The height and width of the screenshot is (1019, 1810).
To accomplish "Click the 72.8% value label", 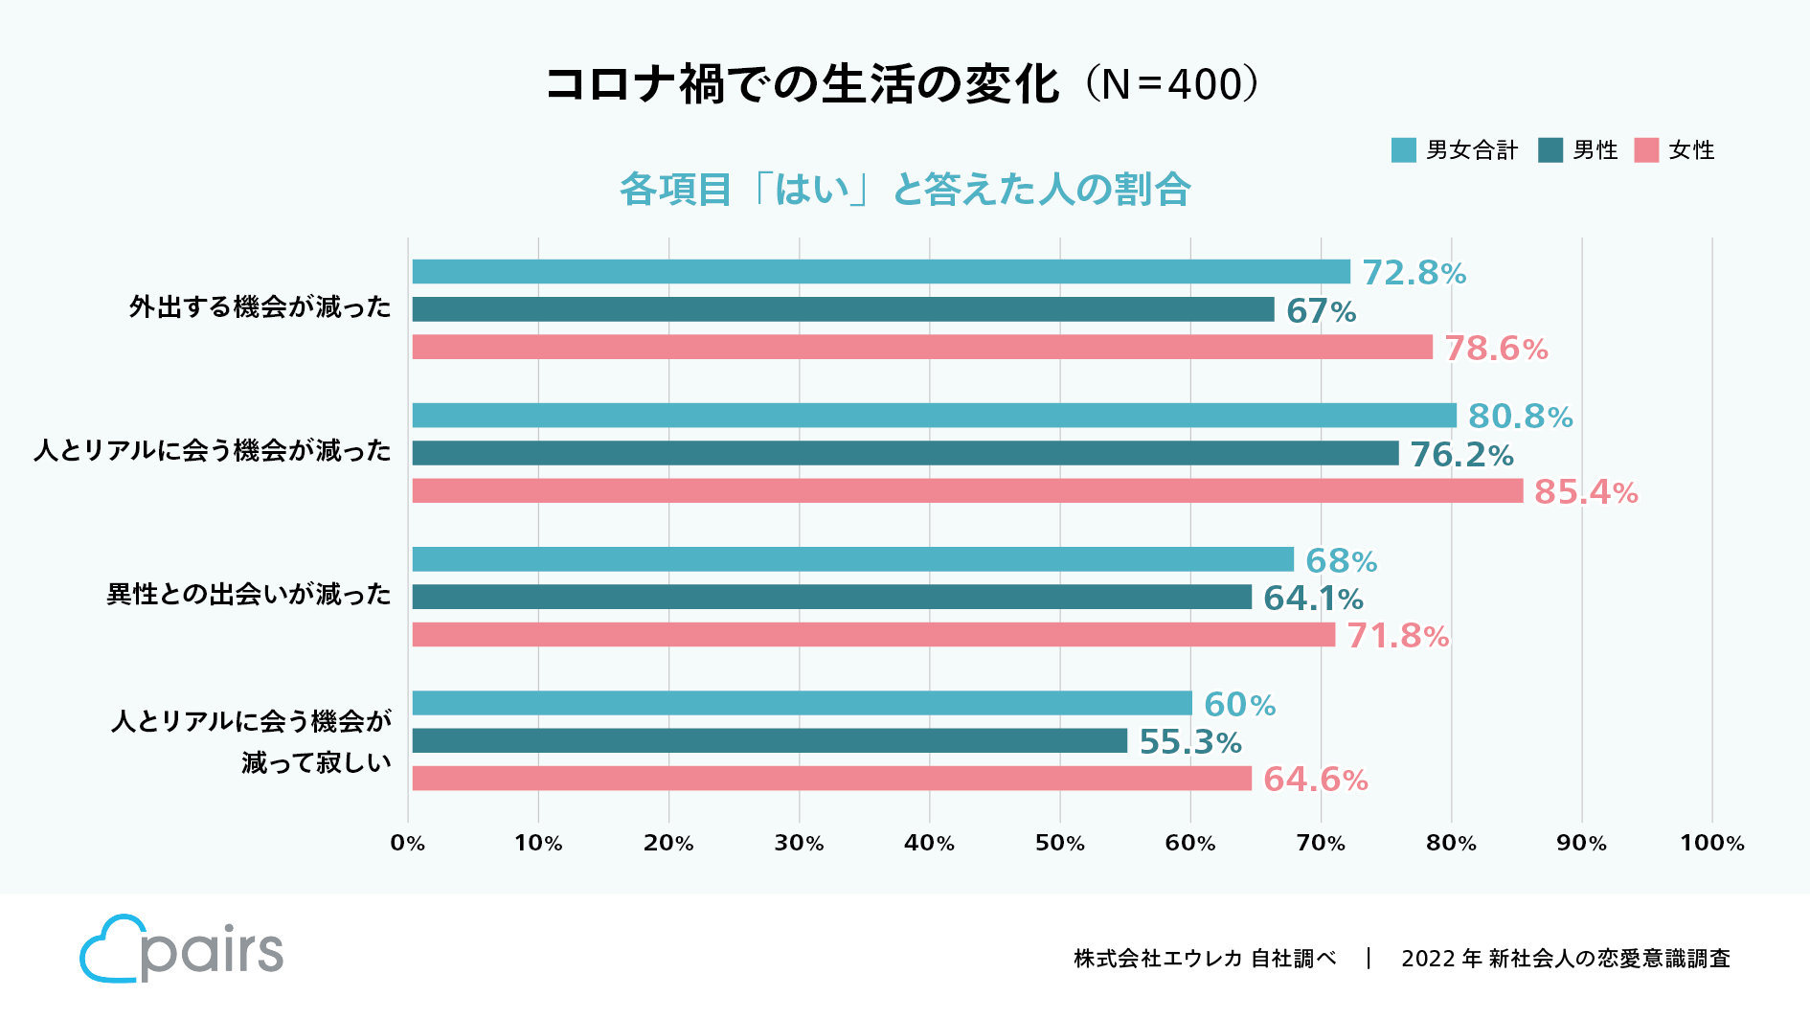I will pos(1414,273).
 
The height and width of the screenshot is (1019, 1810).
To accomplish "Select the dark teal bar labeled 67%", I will pos(843,309).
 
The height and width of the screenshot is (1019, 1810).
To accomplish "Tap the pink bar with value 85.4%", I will pos(967,491).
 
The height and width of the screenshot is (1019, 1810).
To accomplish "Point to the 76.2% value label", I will pos(1461,455).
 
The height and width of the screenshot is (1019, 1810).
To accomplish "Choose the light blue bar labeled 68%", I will pos(852,559).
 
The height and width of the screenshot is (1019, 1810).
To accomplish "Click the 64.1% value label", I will pos(1313,599).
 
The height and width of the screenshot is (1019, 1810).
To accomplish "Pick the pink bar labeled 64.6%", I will pos(831,779).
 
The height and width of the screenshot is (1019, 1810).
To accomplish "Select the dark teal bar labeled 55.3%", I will pos(769,741).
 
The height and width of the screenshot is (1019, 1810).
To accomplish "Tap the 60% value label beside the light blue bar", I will pos(1239,705).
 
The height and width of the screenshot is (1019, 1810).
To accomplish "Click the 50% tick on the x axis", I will pos(1060,844).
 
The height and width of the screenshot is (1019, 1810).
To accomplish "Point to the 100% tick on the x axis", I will pos(1711,844).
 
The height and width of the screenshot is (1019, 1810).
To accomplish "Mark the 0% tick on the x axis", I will pos(408,844).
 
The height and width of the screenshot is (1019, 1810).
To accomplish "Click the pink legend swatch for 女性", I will pos(1646,150).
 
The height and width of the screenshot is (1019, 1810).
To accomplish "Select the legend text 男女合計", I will pos(1472,150).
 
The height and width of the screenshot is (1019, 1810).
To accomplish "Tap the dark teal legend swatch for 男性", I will pos(1550,150).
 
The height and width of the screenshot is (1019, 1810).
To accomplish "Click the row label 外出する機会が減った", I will pos(260,307).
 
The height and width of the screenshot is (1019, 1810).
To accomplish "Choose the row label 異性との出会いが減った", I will pos(249,595).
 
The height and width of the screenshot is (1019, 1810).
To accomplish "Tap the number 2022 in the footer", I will pos(1428,959).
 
